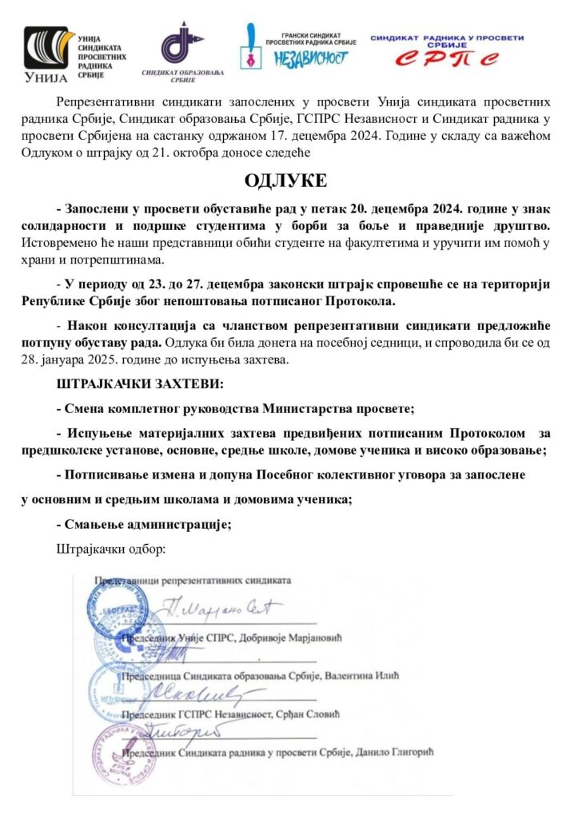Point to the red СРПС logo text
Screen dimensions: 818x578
447,58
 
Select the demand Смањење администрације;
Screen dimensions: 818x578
144,524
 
